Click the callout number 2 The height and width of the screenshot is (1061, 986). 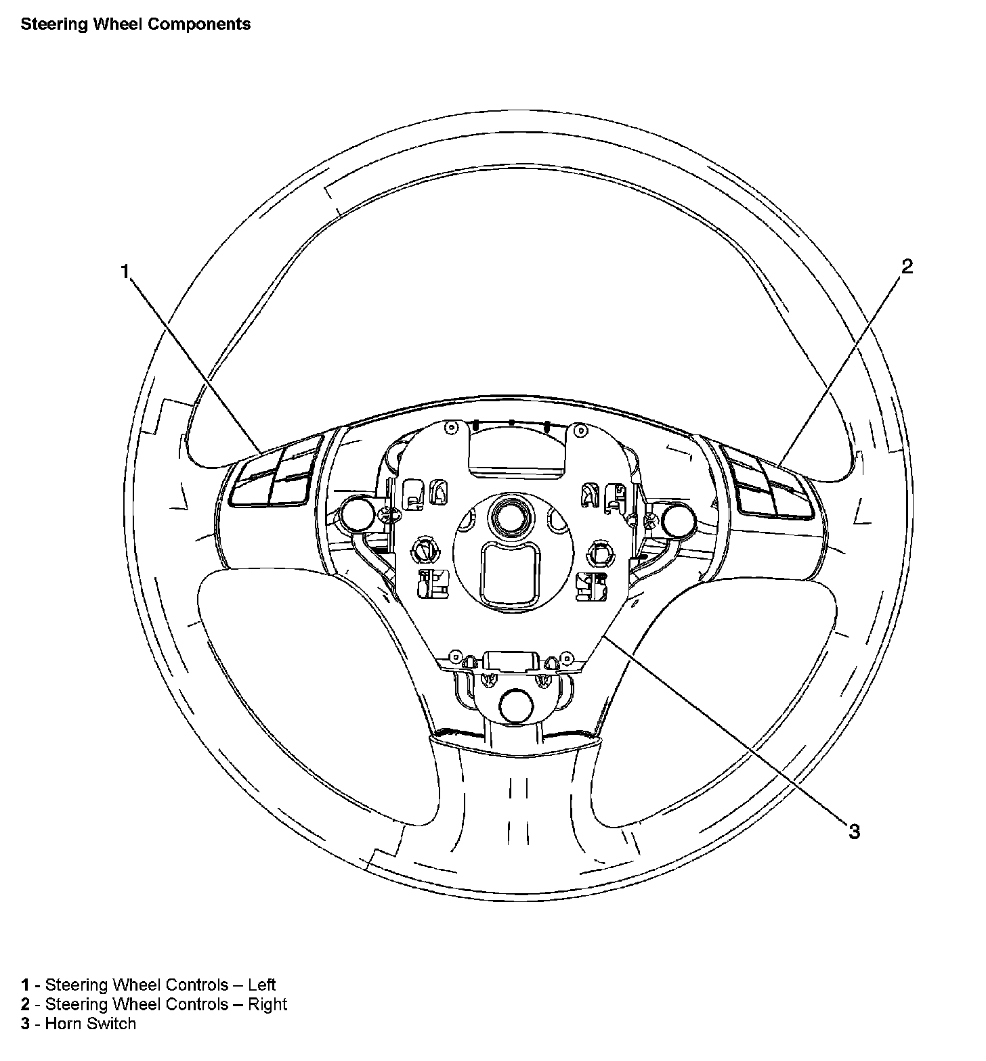point(907,267)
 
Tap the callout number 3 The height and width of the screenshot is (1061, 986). point(855,831)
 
